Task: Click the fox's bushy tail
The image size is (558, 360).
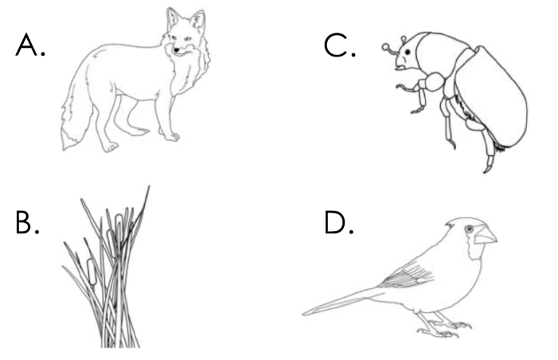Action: point(76,118)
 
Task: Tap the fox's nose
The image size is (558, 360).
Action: point(176,51)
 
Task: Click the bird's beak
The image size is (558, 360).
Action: point(486,235)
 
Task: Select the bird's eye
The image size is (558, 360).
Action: point(470,229)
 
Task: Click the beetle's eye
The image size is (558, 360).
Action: point(408,52)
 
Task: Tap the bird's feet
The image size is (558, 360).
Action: point(445,327)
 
